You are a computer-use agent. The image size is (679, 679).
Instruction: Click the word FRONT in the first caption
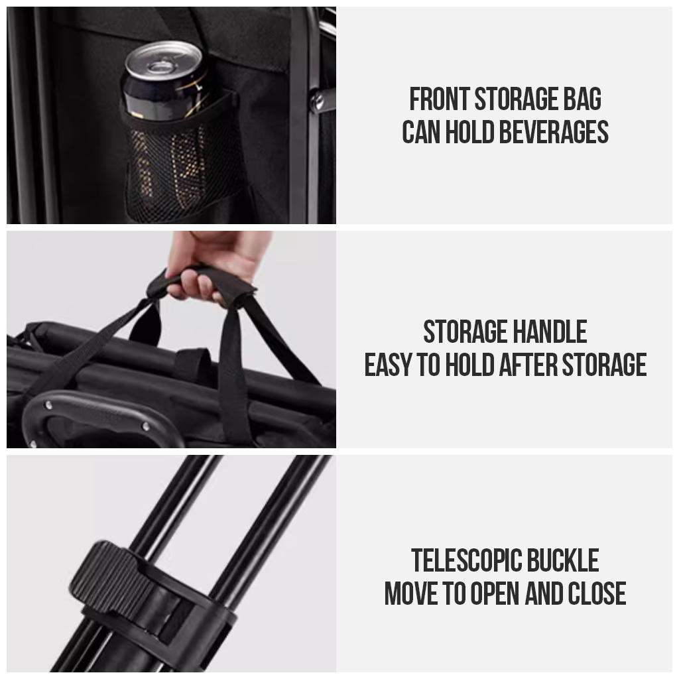(x=440, y=99)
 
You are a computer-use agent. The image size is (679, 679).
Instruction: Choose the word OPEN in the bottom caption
(x=495, y=593)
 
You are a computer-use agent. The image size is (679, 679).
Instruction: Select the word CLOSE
(x=597, y=593)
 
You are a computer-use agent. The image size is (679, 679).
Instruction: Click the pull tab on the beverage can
(x=159, y=66)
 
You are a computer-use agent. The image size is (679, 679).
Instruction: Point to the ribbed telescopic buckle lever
(x=108, y=572)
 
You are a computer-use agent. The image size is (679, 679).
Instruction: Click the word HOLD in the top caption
(x=470, y=132)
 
